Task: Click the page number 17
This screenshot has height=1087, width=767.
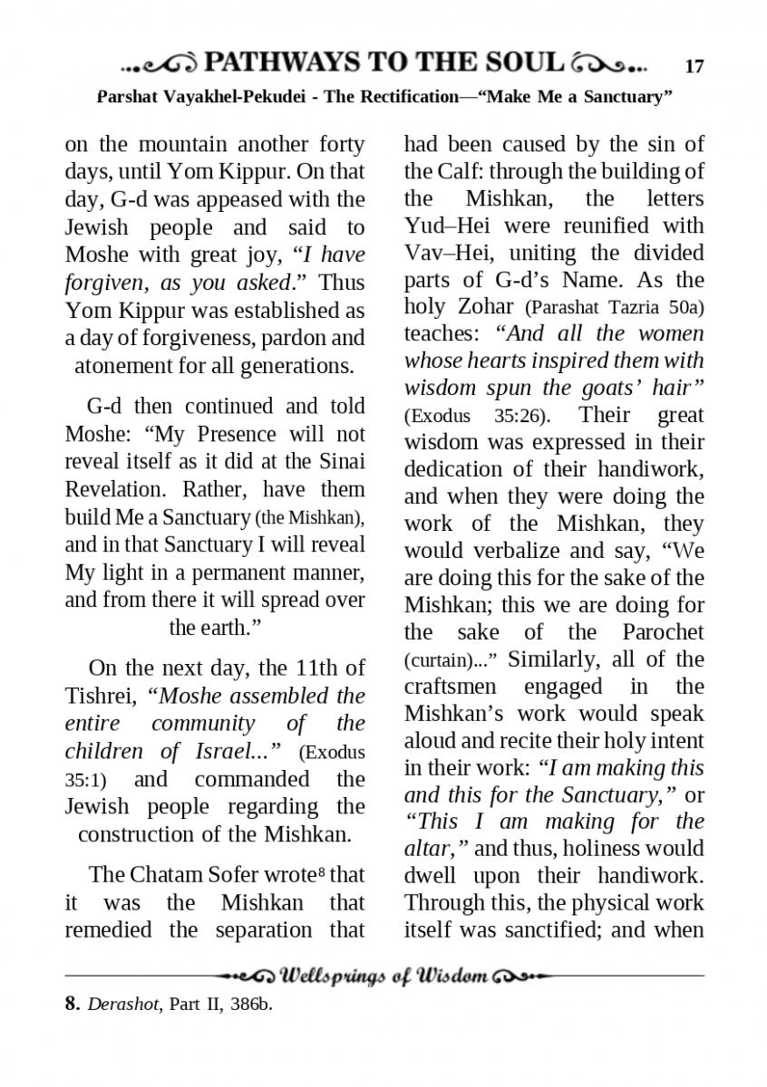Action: [x=694, y=66]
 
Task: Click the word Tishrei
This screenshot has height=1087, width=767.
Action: [x=100, y=697]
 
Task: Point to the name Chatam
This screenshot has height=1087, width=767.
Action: [x=170, y=875]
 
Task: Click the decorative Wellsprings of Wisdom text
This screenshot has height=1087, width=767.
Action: [x=385, y=976]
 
